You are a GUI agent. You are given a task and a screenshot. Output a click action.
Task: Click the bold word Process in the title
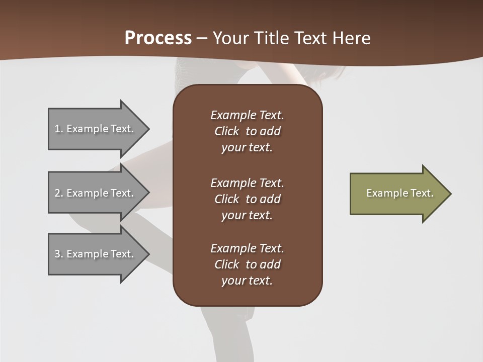tap(158, 38)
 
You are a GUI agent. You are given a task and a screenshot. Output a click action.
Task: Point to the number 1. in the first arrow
tap(59, 129)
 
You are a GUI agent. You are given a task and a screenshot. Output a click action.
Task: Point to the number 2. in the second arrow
tap(59, 193)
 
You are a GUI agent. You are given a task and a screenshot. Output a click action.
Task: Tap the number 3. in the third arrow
tap(59, 254)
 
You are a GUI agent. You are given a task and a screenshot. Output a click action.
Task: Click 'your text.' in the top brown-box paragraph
tap(247, 148)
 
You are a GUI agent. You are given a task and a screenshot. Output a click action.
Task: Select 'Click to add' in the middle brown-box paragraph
tap(247, 199)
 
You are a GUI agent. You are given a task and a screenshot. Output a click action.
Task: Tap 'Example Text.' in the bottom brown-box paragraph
tap(247, 248)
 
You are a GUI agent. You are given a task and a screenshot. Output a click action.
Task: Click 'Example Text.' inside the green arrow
tap(399, 193)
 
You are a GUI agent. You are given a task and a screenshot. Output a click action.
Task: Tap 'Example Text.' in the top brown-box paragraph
tap(247, 115)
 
